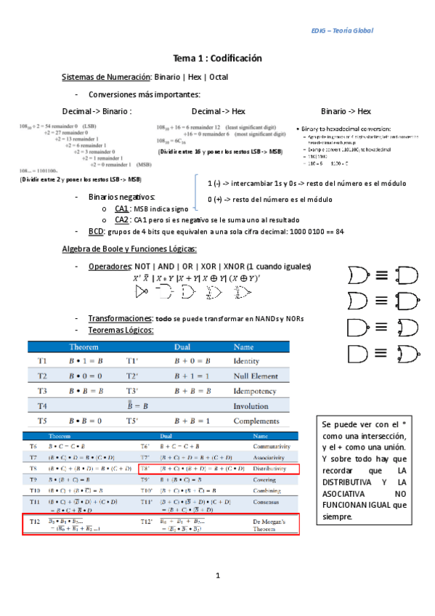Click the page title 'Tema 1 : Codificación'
pos(217,58)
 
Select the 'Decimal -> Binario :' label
pos(97,111)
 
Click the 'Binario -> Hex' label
pos(346,111)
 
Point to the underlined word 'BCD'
pos(97,232)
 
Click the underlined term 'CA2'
pos(123,219)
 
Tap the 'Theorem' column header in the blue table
pos(84,347)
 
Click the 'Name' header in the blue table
pos(244,347)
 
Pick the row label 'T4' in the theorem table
pos(42,406)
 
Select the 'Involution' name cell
pos(251,406)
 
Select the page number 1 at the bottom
pos(217,576)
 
